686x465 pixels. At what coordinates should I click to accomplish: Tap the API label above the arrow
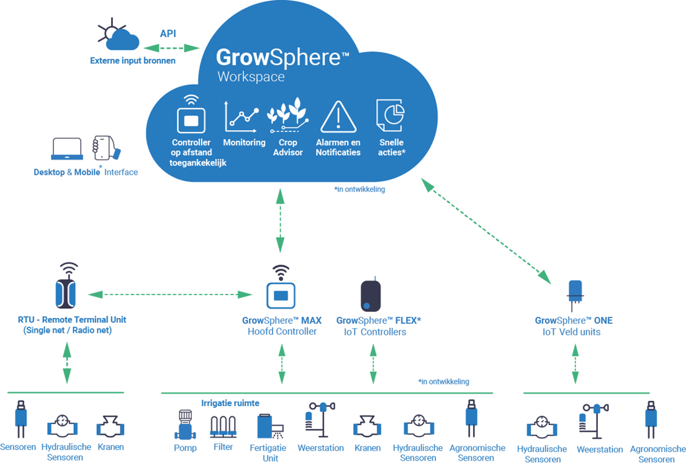click(168, 33)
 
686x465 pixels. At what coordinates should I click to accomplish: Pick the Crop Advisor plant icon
click(287, 115)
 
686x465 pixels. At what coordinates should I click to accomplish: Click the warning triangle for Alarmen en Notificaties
click(338, 117)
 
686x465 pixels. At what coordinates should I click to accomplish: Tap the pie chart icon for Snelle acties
click(390, 115)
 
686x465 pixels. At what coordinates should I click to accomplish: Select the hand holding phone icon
click(106, 149)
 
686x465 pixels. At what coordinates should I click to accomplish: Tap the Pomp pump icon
click(185, 425)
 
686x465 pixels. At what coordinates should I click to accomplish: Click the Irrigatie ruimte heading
click(230, 403)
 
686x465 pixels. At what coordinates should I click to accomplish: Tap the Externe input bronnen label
click(133, 61)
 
